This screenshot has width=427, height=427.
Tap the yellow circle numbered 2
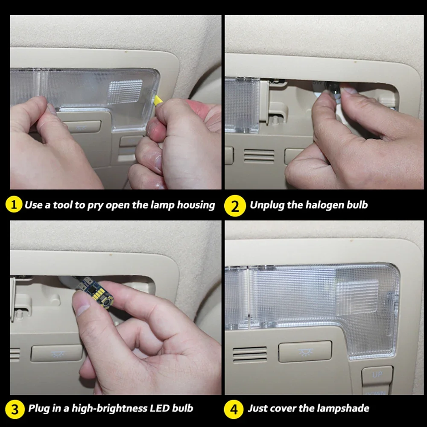[x=235, y=206]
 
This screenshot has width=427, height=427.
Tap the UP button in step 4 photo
[x=377, y=375]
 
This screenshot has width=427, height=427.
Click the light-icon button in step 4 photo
[x=305, y=351]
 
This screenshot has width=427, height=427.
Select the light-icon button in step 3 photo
[x=57, y=353]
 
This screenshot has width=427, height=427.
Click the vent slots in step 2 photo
[x=259, y=155]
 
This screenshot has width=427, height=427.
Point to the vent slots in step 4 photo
[x=250, y=354]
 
